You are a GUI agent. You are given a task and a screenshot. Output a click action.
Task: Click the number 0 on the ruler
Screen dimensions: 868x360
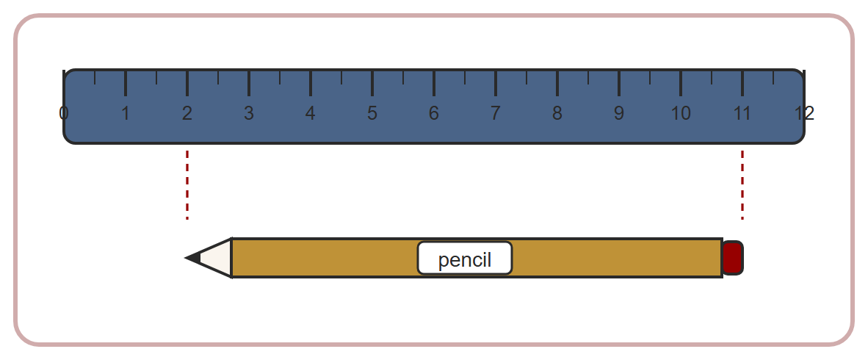64,113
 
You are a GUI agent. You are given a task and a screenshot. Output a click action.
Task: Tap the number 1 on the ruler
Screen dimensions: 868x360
126,113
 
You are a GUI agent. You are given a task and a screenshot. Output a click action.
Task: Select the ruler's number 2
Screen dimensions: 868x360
187,113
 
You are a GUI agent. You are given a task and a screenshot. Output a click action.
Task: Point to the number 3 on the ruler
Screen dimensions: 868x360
249,113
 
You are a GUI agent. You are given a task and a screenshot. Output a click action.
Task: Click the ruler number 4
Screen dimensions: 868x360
311,113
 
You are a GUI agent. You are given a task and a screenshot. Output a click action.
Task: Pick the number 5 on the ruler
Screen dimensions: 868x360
372,113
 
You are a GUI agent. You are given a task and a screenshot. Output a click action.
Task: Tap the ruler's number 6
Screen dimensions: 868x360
434,113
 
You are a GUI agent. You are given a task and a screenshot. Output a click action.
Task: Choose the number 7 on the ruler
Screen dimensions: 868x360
496,113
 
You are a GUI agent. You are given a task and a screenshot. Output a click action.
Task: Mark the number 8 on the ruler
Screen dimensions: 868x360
557,113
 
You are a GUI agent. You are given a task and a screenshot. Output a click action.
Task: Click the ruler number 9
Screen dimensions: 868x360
619,113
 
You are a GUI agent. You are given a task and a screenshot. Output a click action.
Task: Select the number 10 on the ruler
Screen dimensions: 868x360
681,113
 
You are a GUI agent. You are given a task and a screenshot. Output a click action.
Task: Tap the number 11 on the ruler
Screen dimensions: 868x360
742,113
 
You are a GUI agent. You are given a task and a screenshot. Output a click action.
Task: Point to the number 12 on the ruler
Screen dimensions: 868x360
804,113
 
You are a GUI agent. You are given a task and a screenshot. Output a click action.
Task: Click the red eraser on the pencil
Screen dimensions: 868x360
733,258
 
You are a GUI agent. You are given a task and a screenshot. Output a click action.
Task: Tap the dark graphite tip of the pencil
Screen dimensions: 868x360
192,258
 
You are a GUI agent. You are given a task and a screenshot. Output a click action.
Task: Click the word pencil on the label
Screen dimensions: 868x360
465,260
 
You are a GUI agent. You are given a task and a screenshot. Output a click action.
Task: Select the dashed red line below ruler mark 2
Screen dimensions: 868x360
187,185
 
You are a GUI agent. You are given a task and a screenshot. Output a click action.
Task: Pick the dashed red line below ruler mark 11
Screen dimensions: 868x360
742,185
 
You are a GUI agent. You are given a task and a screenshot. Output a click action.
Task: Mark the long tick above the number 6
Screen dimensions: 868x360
434,83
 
